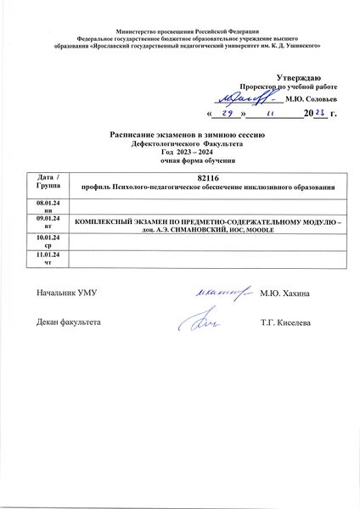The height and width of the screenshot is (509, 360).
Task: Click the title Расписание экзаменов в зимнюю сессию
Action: click(x=179, y=135)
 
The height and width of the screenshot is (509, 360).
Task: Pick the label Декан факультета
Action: click(x=69, y=323)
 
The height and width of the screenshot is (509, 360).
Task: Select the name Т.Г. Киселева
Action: click(x=288, y=323)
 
